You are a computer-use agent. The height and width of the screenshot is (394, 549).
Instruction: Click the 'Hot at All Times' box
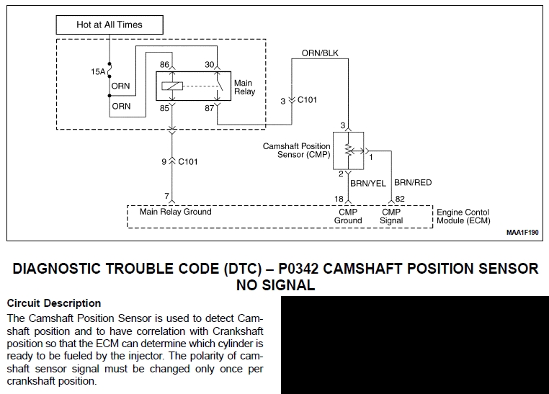tap(110, 24)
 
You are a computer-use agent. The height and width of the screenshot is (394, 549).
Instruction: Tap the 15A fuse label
tap(97, 72)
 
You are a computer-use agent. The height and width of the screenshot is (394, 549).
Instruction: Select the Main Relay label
tap(244, 87)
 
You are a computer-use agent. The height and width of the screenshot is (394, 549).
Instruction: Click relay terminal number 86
tap(164, 65)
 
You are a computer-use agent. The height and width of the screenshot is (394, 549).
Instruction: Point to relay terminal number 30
tap(210, 65)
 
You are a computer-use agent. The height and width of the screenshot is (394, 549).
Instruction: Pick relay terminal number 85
tap(164, 109)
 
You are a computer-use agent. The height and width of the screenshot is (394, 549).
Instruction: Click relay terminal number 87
tap(210, 109)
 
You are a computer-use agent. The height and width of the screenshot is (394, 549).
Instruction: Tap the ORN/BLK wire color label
tap(319, 53)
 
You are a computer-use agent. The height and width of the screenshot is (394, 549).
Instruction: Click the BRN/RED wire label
tap(413, 183)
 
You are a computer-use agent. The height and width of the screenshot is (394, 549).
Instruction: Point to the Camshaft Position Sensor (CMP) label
tap(296, 151)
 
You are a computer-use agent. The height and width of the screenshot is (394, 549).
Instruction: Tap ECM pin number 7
tap(166, 197)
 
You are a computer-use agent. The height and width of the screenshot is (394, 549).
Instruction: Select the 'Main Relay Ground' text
tap(176, 212)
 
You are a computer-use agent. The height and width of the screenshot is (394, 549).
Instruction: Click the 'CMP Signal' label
tap(391, 216)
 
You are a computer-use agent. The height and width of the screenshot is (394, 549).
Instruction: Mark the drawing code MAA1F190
tap(522, 233)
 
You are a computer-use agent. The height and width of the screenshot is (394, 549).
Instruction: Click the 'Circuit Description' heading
tap(53, 303)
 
